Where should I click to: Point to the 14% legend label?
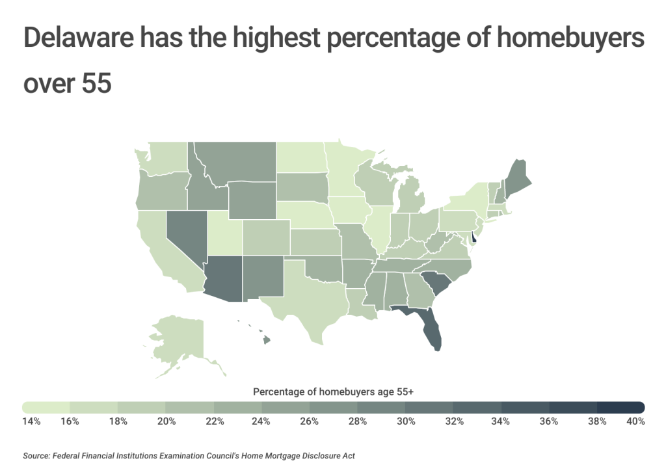[31, 421]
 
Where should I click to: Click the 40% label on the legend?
[635, 421]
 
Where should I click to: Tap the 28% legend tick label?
[358, 421]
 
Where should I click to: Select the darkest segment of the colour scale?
[621, 407]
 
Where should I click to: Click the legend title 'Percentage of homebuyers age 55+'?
[333, 392]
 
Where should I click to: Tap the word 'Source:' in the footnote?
[38, 455]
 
